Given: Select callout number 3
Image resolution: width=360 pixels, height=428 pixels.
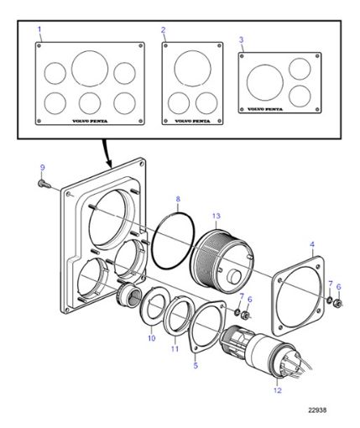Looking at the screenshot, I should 241,39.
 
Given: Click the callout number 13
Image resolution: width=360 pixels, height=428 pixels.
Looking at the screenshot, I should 216,216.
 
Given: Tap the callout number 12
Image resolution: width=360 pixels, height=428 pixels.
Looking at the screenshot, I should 277,389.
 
